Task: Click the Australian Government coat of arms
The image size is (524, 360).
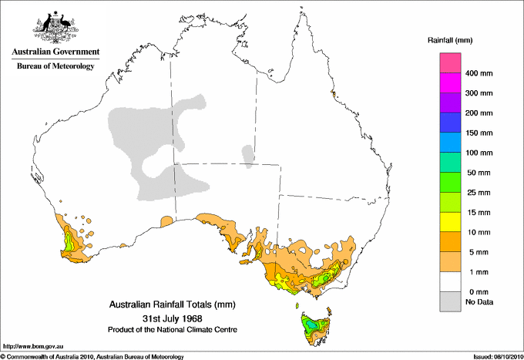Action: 55,24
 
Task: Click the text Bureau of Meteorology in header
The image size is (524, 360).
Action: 55,66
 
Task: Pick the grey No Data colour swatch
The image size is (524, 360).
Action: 450,302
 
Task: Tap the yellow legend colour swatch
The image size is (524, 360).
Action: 450,222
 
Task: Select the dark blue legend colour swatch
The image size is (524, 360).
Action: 450,123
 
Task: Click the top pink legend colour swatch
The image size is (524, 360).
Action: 450,62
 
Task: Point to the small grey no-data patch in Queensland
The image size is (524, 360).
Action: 248,153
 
